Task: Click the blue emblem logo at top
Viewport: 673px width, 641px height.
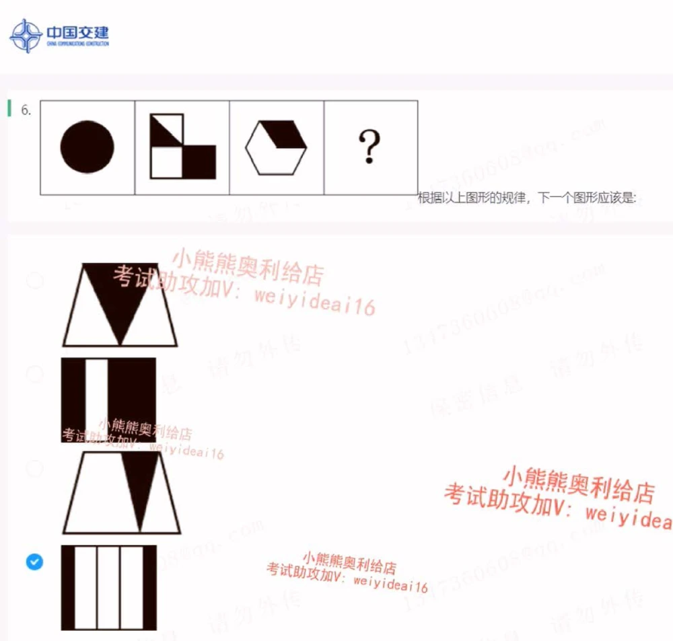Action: coord(26,36)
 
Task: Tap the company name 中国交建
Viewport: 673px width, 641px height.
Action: coord(77,32)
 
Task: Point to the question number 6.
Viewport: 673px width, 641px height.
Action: coord(26,110)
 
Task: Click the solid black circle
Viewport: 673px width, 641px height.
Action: coord(87,147)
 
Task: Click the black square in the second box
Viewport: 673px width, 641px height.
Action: coord(199,161)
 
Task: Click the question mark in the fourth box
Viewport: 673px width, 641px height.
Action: coord(369,147)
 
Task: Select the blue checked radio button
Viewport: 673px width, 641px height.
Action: coord(34,561)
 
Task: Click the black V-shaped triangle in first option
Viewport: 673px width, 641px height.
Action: coord(120,296)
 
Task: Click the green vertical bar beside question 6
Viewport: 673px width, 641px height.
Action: coord(9,108)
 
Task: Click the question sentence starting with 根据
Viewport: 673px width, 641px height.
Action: coord(526,198)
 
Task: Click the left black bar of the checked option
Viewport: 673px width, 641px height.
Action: coord(67,587)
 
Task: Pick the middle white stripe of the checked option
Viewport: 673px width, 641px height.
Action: coord(108,587)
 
